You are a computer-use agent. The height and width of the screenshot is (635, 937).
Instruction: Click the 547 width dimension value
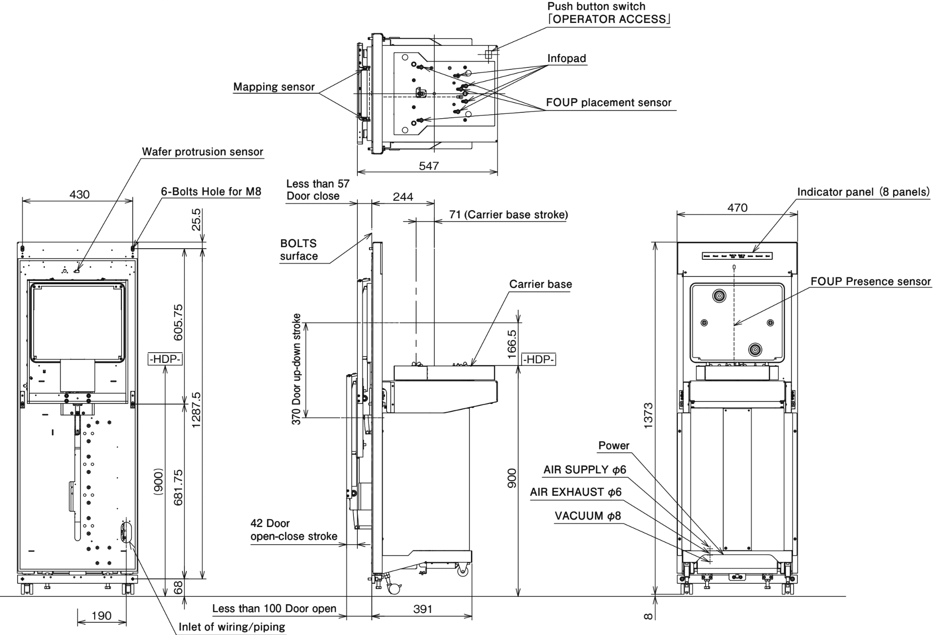click(x=428, y=166)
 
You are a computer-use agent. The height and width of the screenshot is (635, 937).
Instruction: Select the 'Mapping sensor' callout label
click(x=273, y=87)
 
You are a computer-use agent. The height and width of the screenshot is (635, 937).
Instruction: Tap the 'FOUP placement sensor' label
click(x=609, y=103)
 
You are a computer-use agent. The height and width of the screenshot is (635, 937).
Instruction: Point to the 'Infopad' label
click(x=566, y=59)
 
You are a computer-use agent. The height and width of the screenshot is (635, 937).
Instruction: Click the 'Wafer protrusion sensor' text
click(x=203, y=152)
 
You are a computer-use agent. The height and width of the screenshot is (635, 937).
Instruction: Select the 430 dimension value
click(x=79, y=194)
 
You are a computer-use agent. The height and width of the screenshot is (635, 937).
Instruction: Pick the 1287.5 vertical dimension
click(x=196, y=409)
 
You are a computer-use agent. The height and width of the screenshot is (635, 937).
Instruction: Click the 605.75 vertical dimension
click(x=178, y=322)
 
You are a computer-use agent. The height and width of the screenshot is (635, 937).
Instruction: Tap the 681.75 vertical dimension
click(x=178, y=487)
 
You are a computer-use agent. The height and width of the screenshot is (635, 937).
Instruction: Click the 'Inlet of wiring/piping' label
click(x=232, y=627)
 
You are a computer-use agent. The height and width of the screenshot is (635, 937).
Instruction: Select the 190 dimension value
click(x=102, y=615)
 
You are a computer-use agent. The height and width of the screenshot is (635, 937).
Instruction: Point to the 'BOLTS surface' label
click(x=299, y=250)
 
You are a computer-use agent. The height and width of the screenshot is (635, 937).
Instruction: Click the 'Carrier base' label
click(x=540, y=284)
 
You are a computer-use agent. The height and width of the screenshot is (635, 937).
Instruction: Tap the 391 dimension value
click(x=422, y=609)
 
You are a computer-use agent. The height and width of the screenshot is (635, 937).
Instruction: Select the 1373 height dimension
click(x=648, y=415)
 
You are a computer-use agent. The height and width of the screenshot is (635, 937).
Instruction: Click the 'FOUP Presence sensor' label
click(x=871, y=281)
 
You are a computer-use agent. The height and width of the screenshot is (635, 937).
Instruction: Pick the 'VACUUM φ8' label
click(x=588, y=516)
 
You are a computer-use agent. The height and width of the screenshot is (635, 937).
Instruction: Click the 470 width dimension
click(x=737, y=208)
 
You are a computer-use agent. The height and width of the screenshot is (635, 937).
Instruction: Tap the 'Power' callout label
click(x=613, y=445)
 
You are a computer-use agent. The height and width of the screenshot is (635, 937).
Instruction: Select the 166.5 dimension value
click(x=511, y=344)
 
